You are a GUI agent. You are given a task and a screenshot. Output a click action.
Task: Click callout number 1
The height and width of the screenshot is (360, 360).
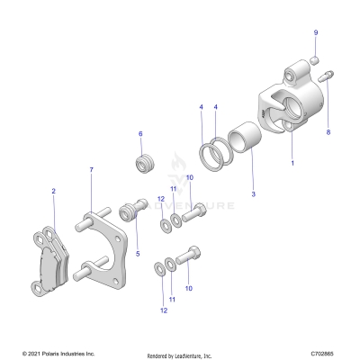point(292,165)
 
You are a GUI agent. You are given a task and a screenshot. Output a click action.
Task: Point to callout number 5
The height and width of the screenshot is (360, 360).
point(137,254)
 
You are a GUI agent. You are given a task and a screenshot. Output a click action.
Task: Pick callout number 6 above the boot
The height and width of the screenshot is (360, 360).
point(140,134)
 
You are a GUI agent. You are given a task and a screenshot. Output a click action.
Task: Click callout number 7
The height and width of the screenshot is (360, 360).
point(91,170)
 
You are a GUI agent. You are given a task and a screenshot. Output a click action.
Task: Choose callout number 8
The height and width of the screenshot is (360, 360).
point(328,132)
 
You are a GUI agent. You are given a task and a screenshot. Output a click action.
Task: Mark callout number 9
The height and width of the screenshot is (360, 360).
point(316,32)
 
